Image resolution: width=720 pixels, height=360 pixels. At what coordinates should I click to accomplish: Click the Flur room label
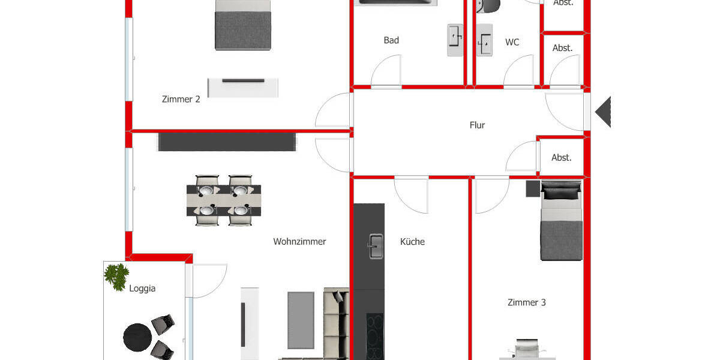tap(477, 125)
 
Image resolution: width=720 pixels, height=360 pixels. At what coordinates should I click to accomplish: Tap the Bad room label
tap(391, 40)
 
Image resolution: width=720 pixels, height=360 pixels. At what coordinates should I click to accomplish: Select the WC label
tap(512, 42)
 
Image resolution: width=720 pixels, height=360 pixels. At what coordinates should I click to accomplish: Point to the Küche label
tap(412, 242)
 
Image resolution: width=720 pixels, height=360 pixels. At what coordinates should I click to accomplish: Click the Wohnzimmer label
tap(299, 242)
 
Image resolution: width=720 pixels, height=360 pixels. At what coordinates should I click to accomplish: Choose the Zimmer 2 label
tap(181, 99)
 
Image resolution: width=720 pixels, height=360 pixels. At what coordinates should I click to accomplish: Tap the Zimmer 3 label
tap(526, 302)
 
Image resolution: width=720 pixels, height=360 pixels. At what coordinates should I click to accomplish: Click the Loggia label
tap(142, 288)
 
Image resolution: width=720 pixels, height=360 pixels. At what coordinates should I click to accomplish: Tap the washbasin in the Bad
tap(455, 40)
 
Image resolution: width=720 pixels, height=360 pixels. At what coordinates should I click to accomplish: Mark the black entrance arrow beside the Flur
tap(603, 112)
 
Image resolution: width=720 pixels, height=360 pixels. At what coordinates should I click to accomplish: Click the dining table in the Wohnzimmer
tap(223, 200)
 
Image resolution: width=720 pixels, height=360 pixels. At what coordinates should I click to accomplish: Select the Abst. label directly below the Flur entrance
tap(562, 158)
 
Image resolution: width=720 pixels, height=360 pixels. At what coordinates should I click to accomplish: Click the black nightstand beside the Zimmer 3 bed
tap(533, 188)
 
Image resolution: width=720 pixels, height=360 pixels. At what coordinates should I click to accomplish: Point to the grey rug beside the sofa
tap(301, 319)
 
